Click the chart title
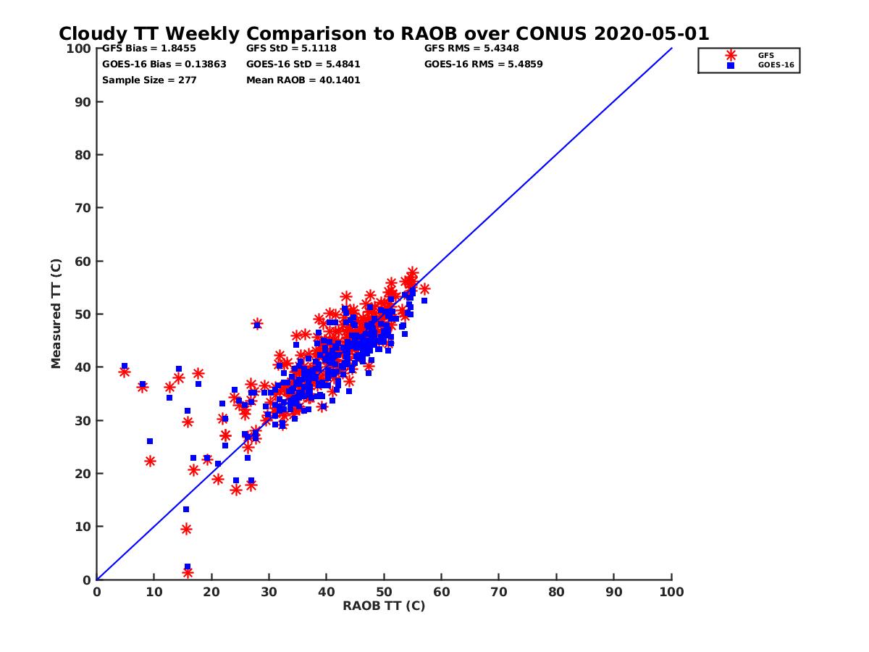click(x=384, y=33)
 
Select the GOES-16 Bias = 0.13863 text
click(x=164, y=64)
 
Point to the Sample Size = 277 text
click(x=149, y=80)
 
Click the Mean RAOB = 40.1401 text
click(x=303, y=80)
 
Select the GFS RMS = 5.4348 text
click(x=471, y=49)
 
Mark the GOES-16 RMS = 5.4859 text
click(x=483, y=64)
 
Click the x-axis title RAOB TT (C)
click(x=384, y=606)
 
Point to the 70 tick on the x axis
click(x=499, y=591)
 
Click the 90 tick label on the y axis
click(x=83, y=101)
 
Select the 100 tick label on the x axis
click(x=671, y=591)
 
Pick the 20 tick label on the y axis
click(x=83, y=474)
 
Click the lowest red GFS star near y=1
click(x=188, y=573)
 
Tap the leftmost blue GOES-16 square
click(x=125, y=366)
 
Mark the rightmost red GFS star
click(x=424, y=289)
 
